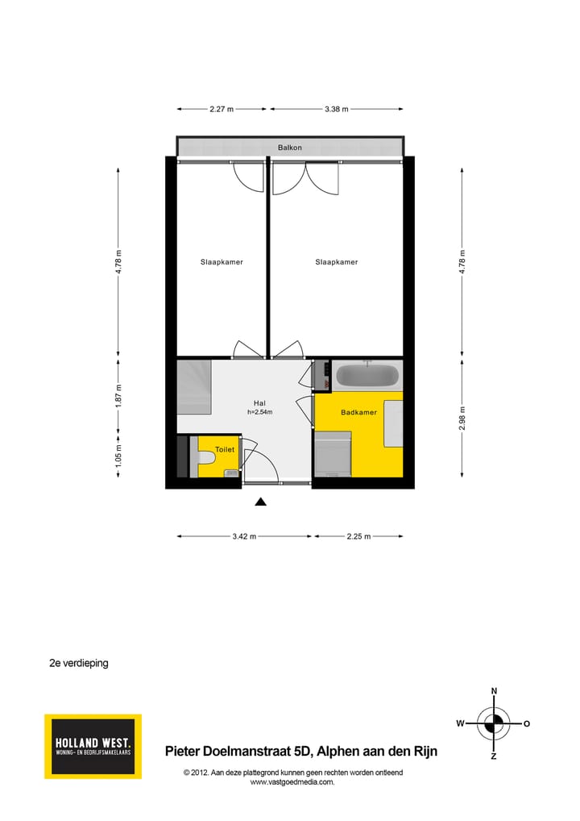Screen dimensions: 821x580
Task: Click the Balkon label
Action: [290, 148]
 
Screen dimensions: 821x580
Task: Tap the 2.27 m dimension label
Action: [222, 109]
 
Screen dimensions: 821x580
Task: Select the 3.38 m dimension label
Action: [336, 109]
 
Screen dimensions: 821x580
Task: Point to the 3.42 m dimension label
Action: [244, 536]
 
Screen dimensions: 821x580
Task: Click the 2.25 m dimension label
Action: [358, 536]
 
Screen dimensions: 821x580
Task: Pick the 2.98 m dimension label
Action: [462, 417]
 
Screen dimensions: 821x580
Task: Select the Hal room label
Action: [259, 403]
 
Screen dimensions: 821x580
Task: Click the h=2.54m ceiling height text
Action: [259, 412]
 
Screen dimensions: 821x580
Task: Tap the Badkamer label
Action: [358, 412]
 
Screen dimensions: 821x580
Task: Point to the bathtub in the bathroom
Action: [367, 376]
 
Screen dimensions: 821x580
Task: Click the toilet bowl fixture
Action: [207, 459]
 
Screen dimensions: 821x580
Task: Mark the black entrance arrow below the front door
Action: [260, 502]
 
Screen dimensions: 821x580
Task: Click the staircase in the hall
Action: [194, 387]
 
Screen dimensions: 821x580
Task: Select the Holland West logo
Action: [93, 746]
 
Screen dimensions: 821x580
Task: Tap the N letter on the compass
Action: [494, 691]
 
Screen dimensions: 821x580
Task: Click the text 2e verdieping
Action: [79, 664]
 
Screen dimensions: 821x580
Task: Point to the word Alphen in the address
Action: [338, 752]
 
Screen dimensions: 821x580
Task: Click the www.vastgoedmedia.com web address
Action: [292, 781]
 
